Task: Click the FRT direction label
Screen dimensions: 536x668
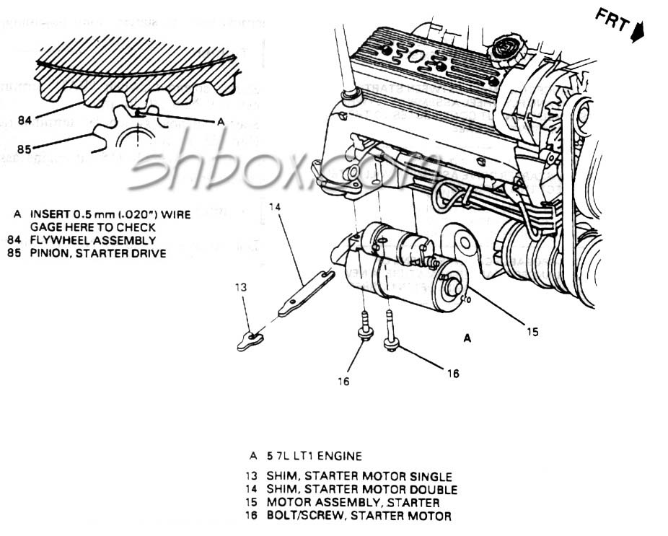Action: (611, 21)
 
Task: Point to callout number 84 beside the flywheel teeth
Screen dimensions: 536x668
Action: (25, 120)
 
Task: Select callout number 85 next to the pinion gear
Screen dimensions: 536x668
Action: (25, 150)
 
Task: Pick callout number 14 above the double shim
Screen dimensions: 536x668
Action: (274, 208)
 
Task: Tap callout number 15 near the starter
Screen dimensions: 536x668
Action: (532, 332)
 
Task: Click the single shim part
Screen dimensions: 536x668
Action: (250, 339)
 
